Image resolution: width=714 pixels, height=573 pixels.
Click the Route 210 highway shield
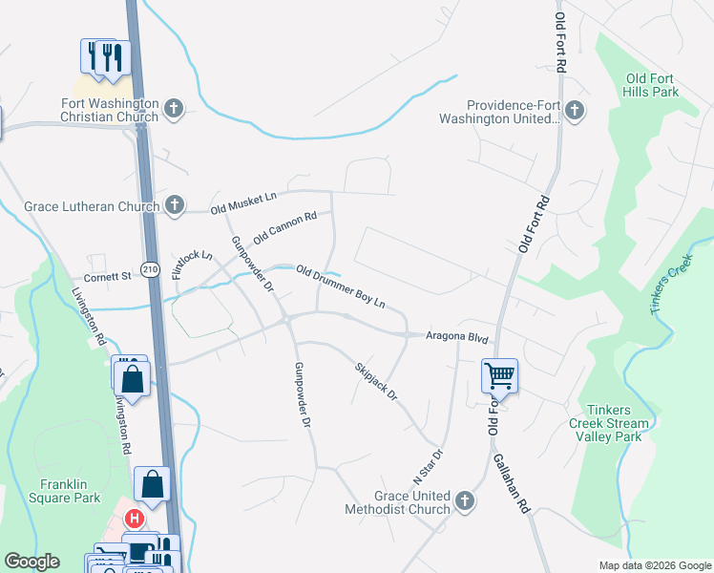[151, 269]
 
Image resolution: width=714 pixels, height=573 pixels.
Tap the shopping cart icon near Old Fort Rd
[499, 375]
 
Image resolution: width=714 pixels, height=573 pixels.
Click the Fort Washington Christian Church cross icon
[173, 107]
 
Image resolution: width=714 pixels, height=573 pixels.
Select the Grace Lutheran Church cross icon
[174, 203]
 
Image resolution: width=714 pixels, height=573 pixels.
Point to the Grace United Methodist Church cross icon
[464, 501]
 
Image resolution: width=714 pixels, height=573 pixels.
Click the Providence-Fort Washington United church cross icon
[574, 111]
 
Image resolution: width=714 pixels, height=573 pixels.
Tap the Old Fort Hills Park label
[653, 86]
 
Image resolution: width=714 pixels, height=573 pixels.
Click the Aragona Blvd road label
[456, 338]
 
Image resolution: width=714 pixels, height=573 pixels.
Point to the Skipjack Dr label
[375, 381]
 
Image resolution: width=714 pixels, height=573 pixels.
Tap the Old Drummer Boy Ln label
[340, 286]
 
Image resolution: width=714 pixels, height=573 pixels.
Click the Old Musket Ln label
[242, 202]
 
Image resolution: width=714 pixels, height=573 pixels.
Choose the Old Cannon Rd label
[284, 227]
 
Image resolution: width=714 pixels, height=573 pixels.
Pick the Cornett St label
[107, 277]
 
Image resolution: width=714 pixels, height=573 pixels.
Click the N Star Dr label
[428, 467]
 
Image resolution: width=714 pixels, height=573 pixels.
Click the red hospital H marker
[135, 520]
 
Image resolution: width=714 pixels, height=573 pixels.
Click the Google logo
[31, 562]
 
